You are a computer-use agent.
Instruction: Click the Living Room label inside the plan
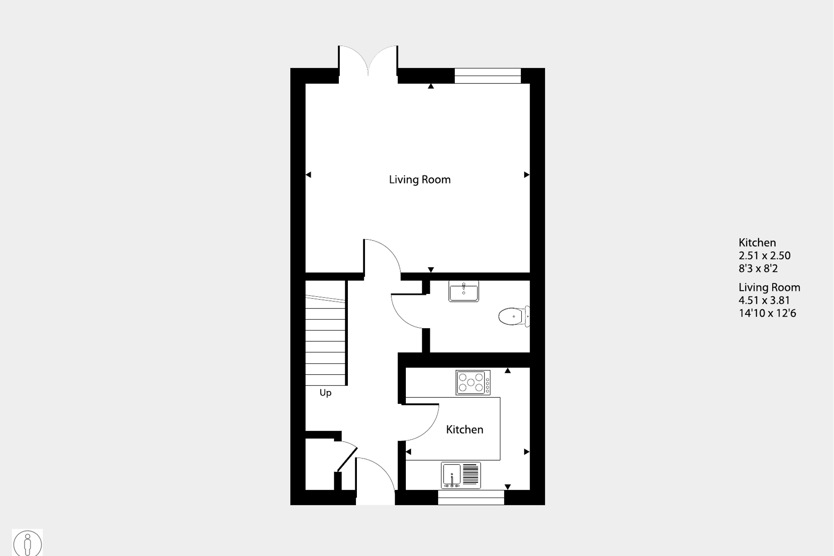click(420, 180)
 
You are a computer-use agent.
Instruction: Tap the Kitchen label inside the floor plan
click(464, 430)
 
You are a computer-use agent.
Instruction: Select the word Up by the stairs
click(325, 393)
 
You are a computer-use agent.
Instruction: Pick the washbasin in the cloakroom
click(463, 291)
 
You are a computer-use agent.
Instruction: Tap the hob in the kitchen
click(472, 382)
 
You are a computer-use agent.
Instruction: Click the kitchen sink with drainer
click(461, 475)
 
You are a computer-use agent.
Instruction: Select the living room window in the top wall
click(487, 76)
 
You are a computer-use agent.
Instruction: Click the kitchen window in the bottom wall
click(471, 498)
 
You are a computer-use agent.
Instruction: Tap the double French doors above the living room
click(368, 62)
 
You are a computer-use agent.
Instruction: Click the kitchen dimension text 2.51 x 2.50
click(764, 256)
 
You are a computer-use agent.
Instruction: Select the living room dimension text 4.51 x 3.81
click(764, 300)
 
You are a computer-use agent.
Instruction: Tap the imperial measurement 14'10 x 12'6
click(767, 313)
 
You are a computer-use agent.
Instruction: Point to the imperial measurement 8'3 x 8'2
click(758, 269)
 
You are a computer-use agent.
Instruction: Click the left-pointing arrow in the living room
click(308, 175)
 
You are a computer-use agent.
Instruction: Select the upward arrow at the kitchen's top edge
click(508, 370)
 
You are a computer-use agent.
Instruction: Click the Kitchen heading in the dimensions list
click(757, 243)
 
